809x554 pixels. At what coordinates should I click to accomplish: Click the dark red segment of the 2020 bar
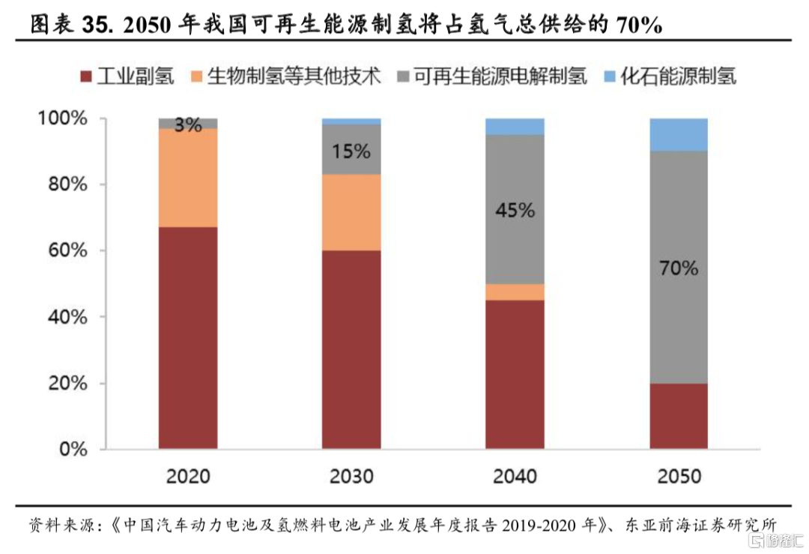(x=188, y=338)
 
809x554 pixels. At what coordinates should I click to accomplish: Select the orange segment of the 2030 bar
(x=351, y=212)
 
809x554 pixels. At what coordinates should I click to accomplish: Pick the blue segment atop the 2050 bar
(x=679, y=134)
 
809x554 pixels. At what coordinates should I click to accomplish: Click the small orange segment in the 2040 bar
(x=515, y=292)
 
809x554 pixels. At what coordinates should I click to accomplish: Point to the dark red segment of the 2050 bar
(x=679, y=416)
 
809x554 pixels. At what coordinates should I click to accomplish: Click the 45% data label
(x=515, y=211)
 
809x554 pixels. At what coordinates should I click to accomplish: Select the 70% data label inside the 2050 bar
(x=679, y=268)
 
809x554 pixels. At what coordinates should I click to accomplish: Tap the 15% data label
(x=351, y=151)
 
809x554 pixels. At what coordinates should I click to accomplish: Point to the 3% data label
(x=188, y=125)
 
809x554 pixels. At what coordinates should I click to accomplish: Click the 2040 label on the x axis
(x=515, y=476)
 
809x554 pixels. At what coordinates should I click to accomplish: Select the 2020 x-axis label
(x=188, y=476)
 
